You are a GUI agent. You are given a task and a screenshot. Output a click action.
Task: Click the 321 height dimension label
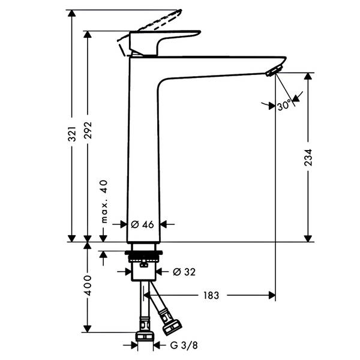(x=72, y=134)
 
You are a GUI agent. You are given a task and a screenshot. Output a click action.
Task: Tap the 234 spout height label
(x=308, y=157)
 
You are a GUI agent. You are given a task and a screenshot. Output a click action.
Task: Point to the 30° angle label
(x=284, y=106)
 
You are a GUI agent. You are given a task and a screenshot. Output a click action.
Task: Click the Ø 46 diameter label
(x=142, y=224)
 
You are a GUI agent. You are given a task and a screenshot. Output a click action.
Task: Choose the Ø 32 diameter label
(x=184, y=272)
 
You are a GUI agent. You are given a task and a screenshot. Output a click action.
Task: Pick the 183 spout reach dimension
(x=211, y=295)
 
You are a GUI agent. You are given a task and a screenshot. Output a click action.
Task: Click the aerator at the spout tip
(x=272, y=71)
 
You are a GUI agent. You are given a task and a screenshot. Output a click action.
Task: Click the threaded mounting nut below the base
(x=144, y=257)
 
